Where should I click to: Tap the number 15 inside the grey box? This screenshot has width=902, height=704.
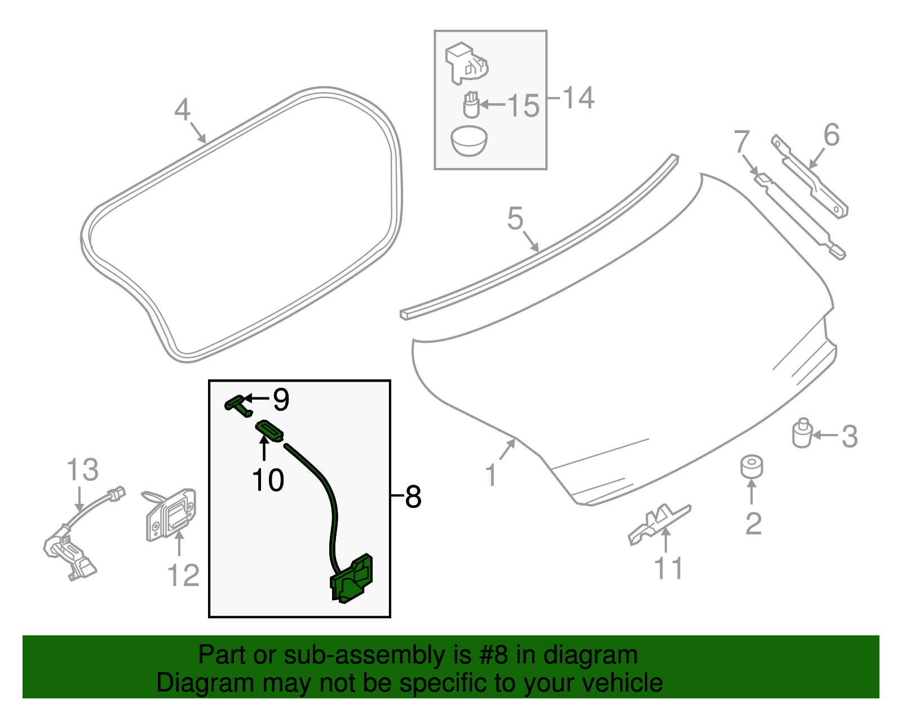[523, 105]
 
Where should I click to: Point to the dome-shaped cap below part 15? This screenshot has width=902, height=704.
[469, 141]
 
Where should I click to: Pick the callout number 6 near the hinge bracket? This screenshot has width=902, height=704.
[831, 135]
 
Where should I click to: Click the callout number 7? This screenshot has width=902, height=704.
[742, 141]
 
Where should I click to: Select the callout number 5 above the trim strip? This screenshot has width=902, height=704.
[515, 218]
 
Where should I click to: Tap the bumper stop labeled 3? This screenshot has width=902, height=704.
[802, 433]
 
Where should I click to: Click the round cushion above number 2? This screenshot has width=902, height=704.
[751, 467]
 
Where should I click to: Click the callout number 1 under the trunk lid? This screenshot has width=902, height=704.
[491, 475]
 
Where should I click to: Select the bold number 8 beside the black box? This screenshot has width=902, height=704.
[413, 497]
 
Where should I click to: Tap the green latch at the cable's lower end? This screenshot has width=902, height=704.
[352, 579]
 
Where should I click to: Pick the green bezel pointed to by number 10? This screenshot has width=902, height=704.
[270, 431]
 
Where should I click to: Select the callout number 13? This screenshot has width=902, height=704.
[82, 470]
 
